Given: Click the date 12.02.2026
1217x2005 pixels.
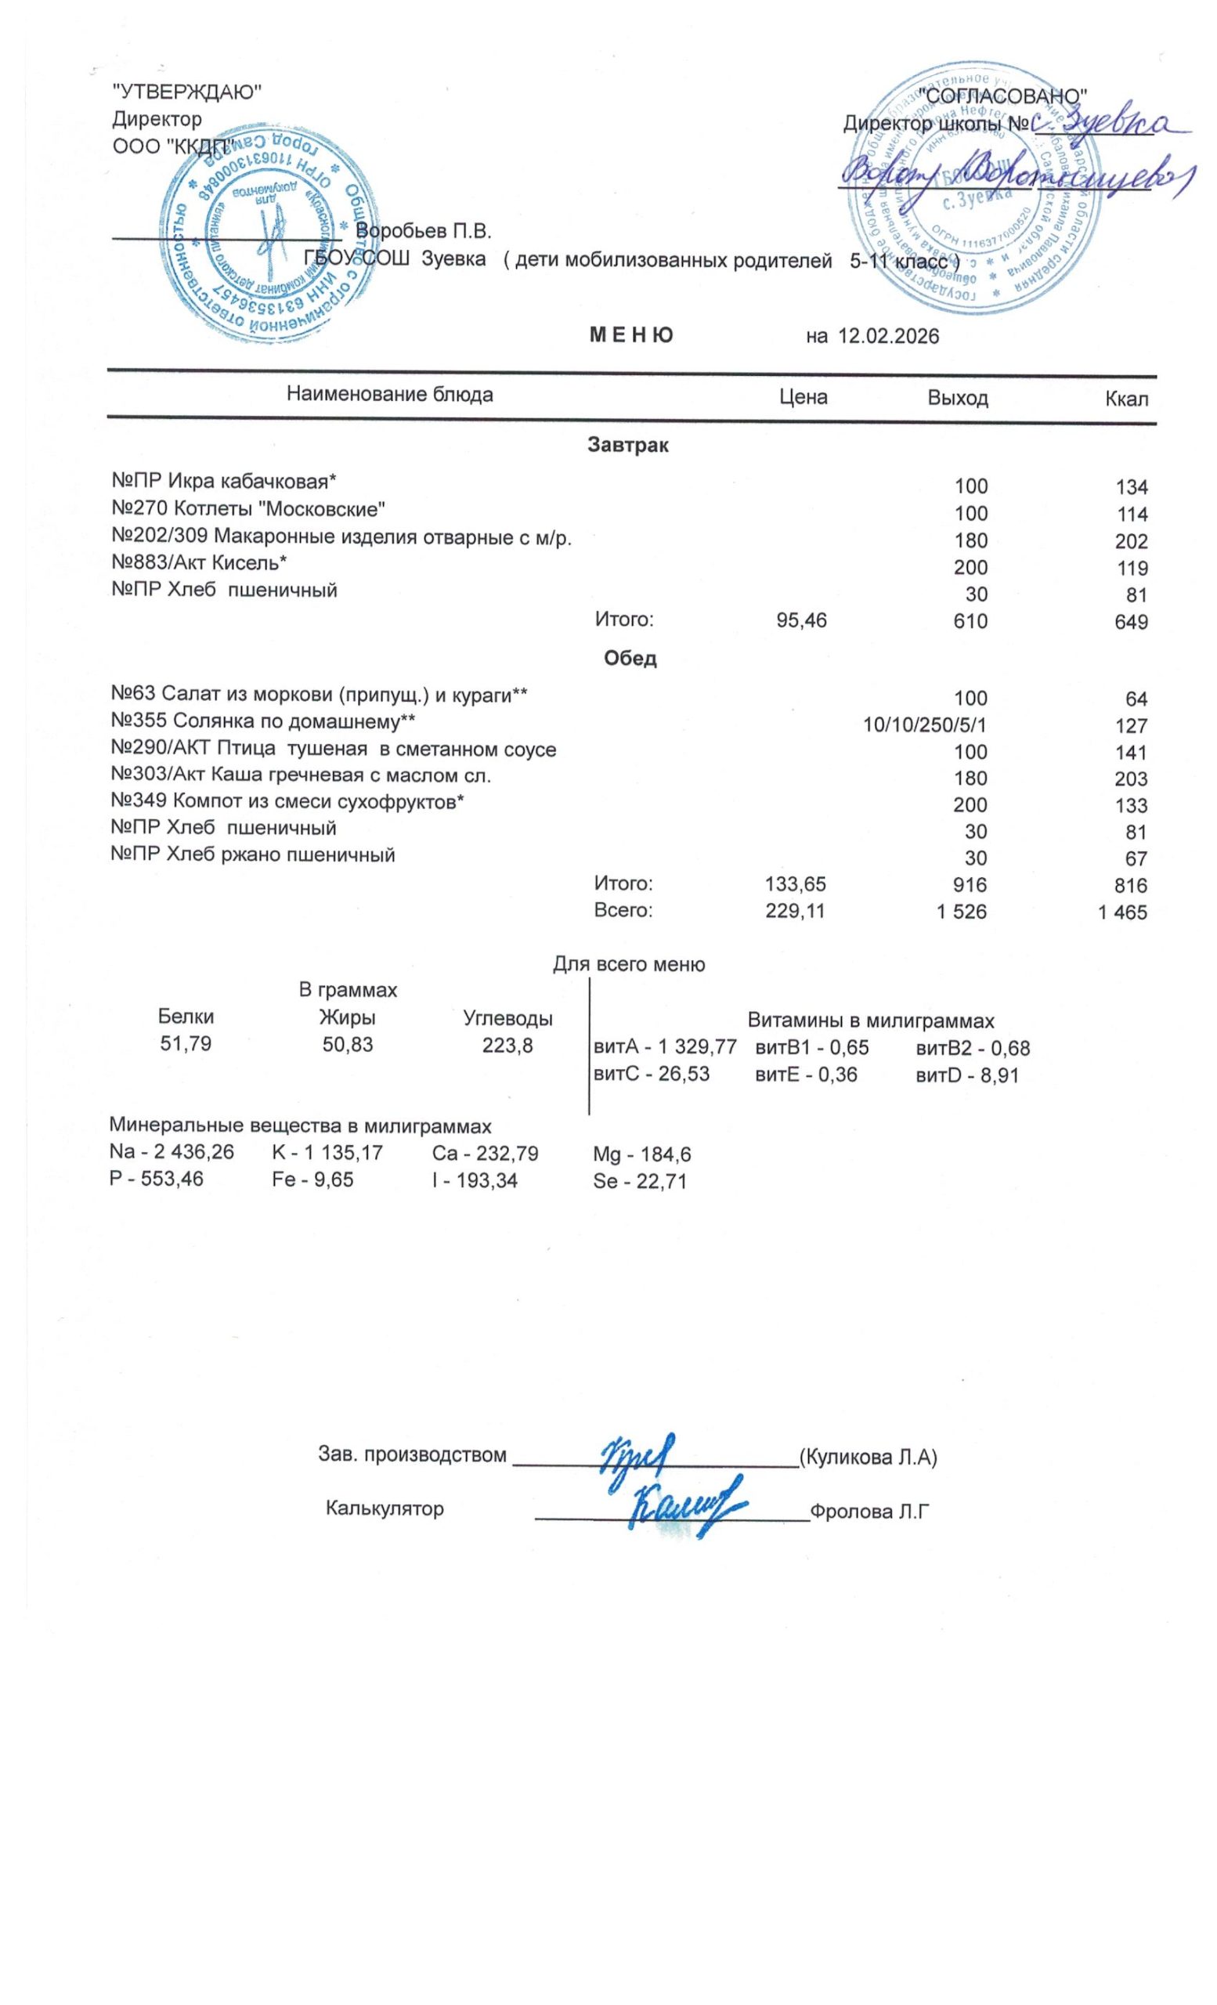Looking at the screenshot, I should point(888,336).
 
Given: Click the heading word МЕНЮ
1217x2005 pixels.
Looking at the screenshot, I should point(631,335).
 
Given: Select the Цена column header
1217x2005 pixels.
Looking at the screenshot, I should point(803,397).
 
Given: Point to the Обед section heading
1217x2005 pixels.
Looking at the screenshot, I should point(630,659).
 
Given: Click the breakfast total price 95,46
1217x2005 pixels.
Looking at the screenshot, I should point(801,621).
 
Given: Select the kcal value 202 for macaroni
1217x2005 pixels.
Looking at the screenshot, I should point(1132,542).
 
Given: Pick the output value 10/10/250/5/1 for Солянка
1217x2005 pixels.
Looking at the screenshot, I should point(925,725).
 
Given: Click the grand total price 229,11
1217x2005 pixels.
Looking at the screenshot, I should point(795,912).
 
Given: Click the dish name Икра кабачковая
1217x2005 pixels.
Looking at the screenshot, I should point(251,482).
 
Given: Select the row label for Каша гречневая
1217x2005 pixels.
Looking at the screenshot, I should point(300,776).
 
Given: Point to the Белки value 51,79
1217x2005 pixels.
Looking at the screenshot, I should point(186,1044).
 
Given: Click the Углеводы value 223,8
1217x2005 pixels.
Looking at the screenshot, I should point(507,1045).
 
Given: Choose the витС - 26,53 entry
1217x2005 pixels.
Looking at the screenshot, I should point(652,1074).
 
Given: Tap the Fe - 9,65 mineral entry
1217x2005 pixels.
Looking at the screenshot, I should point(313,1180).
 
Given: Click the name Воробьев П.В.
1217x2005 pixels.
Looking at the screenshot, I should point(424,231).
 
